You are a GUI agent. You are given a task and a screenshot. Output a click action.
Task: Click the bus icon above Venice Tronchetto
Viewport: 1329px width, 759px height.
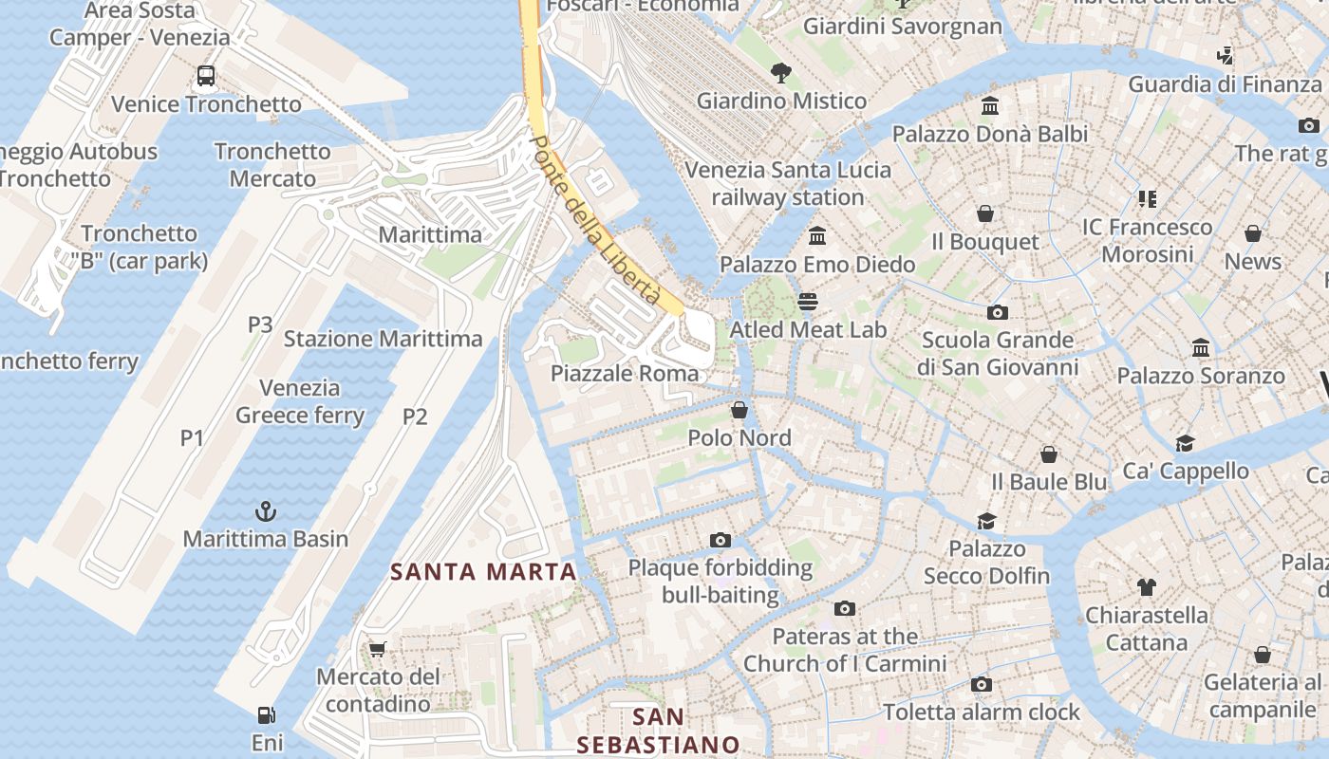(x=206, y=76)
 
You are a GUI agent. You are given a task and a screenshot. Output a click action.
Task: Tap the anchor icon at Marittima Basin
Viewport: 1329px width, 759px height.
(x=266, y=512)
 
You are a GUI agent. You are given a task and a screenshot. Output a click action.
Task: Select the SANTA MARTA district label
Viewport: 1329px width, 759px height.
(x=484, y=571)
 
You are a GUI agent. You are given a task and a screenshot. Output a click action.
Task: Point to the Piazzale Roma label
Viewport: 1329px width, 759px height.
(x=625, y=374)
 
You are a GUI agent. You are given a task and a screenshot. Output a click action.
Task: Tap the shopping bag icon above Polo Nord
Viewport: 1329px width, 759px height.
(x=739, y=410)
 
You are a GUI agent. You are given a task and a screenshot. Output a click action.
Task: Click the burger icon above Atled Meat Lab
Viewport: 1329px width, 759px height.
(x=808, y=302)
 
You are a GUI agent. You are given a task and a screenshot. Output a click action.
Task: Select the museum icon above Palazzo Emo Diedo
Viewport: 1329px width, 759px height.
(x=817, y=235)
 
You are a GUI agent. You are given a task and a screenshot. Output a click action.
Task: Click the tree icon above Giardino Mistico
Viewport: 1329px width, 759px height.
(x=781, y=72)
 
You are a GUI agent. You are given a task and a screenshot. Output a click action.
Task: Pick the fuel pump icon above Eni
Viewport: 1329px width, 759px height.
(x=267, y=714)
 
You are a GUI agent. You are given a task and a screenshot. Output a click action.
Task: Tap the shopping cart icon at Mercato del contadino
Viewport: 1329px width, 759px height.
(x=378, y=649)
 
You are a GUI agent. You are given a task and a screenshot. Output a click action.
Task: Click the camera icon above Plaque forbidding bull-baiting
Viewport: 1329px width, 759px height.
(x=721, y=540)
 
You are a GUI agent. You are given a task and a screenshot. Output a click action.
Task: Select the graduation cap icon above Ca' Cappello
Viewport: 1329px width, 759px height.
(x=1185, y=443)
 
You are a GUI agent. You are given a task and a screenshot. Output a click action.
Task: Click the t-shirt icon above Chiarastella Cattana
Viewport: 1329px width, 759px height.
(x=1146, y=587)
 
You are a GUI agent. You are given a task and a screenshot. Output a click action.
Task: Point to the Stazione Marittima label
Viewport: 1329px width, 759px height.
(x=383, y=339)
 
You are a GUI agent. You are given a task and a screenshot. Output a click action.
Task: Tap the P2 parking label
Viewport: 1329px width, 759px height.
(x=415, y=417)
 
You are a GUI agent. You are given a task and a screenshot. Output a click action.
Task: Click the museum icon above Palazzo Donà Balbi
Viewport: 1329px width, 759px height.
(x=990, y=105)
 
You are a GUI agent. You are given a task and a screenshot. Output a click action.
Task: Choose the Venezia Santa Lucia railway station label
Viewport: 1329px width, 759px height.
(x=788, y=184)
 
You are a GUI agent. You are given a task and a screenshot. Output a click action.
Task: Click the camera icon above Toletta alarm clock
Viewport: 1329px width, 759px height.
(x=982, y=684)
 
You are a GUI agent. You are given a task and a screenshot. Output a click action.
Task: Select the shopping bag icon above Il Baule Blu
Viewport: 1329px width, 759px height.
(x=1049, y=454)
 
